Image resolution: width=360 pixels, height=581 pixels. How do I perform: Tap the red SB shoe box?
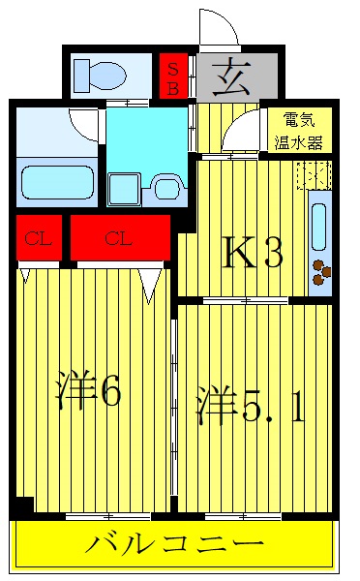173,74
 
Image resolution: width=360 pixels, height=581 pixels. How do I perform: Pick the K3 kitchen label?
253,254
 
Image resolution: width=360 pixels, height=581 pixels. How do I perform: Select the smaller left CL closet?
39,238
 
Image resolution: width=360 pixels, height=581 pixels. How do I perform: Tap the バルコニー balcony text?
174,544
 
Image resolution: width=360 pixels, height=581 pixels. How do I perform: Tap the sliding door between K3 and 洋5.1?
248,300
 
